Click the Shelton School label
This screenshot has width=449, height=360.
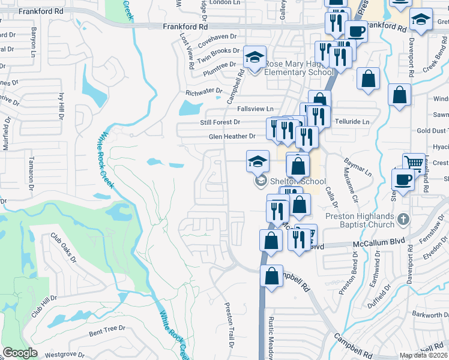(297, 182)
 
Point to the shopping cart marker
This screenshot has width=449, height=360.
(414, 162)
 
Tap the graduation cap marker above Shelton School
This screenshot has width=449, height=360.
(258, 161)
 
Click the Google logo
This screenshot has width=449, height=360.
(20, 353)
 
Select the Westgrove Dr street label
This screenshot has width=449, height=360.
(64, 354)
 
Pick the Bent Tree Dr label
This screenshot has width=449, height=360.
(107, 329)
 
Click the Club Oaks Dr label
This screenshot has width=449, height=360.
(63, 248)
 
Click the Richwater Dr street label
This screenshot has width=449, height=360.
(204, 92)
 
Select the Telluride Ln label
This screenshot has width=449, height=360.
(352, 122)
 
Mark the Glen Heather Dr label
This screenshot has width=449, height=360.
(232, 136)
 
